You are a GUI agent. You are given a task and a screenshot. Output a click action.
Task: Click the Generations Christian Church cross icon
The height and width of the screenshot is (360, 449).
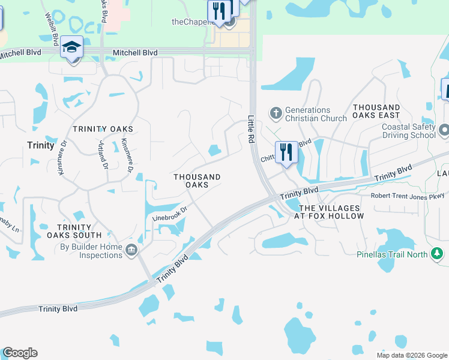pyautogui.click(x=276, y=113)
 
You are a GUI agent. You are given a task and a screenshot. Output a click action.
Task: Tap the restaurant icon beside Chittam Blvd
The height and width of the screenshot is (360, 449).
pyautogui.click(x=286, y=152)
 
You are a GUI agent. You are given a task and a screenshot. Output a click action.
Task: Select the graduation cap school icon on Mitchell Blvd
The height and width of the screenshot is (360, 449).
pyautogui.click(x=71, y=48)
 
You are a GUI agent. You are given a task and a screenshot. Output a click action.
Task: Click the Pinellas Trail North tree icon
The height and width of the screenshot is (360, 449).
pyautogui.click(x=438, y=254)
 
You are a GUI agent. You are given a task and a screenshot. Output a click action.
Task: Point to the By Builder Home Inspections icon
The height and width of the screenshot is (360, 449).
pyautogui.click(x=131, y=250)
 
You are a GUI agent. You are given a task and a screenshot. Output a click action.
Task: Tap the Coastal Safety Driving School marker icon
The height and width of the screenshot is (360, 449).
pyautogui.click(x=444, y=130)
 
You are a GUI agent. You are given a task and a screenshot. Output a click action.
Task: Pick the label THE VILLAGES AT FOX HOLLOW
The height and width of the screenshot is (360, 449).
pyautogui.click(x=331, y=212)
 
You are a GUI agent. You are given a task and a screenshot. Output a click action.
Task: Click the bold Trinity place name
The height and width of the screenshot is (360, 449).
pyautogui.click(x=41, y=145)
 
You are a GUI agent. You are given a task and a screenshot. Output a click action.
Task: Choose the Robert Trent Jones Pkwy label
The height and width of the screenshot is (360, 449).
pyautogui.click(x=407, y=196)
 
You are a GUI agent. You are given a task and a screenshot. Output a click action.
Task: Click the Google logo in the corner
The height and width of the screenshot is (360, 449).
pyautogui.click(x=20, y=353)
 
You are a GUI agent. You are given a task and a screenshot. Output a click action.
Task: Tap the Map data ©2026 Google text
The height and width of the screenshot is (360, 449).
pyautogui.click(x=412, y=355)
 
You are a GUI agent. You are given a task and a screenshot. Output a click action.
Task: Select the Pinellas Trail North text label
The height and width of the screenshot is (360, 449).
pyautogui.click(x=391, y=254)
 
